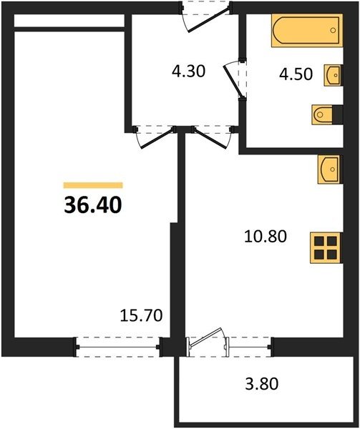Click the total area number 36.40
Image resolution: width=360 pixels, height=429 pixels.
point(93,205)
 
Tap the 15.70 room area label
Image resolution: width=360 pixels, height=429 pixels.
point(141,315)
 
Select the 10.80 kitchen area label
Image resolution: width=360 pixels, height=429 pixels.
point(266,237)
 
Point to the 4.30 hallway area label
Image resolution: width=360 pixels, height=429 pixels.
point(189,71)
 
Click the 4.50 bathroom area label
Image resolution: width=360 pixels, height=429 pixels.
point(296,74)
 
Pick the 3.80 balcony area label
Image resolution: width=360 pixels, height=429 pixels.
point(262,383)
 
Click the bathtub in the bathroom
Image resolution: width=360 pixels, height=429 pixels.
point(307,30)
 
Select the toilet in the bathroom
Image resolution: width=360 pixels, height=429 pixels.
point(322,114)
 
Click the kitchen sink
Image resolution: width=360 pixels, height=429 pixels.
point(330,169)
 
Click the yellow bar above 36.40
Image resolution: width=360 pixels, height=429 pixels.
point(93,185)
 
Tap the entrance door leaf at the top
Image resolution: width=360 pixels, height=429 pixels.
point(209,20)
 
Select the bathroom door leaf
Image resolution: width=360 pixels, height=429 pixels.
point(233,82)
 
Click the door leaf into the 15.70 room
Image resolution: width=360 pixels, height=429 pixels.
point(157,138)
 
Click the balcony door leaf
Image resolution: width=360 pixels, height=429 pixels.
point(206,337)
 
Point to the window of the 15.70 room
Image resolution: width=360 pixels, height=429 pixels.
point(117,347)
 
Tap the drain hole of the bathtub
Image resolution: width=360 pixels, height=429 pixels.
point(333,30)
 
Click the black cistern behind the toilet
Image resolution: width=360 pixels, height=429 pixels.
point(338,114)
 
